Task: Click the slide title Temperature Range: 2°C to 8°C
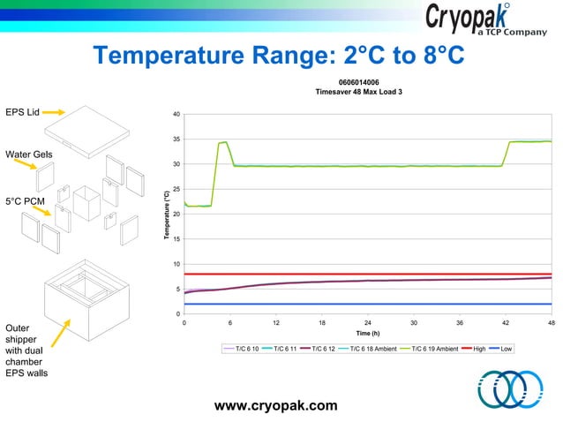[279, 57]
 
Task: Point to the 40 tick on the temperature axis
[176, 115]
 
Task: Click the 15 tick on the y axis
[176, 239]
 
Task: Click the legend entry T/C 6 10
[246, 350]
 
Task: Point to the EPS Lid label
[21, 112]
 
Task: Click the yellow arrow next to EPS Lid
[53, 112]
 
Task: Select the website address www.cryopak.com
[276, 405]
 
